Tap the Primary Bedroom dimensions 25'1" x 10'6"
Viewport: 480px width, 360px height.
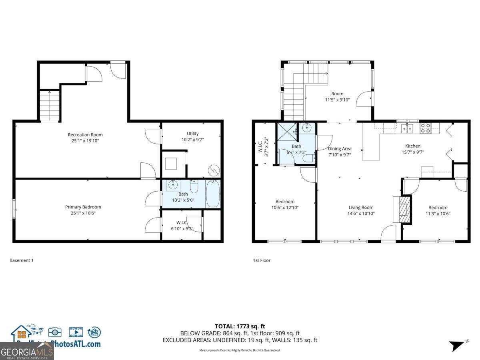[83, 213]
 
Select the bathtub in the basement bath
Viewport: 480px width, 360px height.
[213, 194]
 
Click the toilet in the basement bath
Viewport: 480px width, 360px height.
[194, 186]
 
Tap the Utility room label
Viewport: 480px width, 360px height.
[192, 134]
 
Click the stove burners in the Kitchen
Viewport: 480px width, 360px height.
[425, 128]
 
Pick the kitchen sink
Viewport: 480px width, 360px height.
[407, 128]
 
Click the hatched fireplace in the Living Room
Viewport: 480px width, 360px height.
[405, 209]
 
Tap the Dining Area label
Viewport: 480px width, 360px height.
[340, 149]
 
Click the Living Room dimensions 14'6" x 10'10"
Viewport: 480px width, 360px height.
[361, 213]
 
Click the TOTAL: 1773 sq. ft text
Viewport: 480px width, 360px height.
[240, 326]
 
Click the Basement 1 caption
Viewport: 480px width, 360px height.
[21, 260]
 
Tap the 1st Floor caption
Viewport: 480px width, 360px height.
[262, 260]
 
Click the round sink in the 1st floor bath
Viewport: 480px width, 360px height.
[307, 128]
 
